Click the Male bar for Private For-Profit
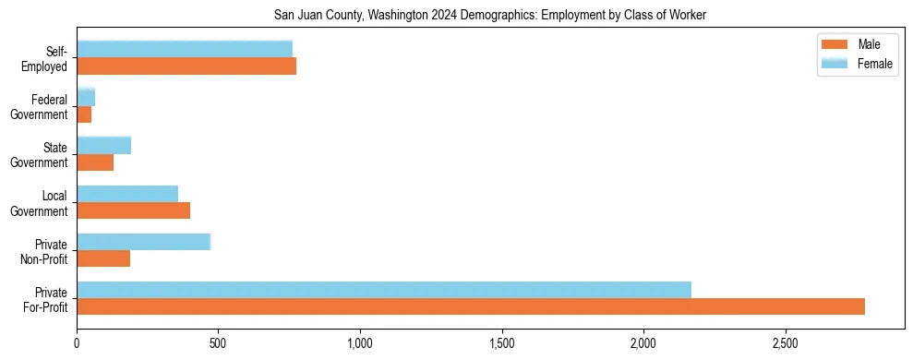pyautogui.click(x=471, y=306)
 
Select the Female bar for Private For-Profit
pyautogui.click(x=384, y=290)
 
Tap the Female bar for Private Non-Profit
pyautogui.click(x=144, y=242)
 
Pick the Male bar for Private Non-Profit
pyautogui.click(x=103, y=258)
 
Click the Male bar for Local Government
pyautogui.click(x=133, y=210)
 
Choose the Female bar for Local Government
pyautogui.click(x=127, y=194)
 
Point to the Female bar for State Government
pyautogui.click(x=104, y=145)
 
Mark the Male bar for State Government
pyautogui.click(x=95, y=162)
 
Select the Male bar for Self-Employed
pyautogui.click(x=186, y=66)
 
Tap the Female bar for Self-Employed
pyautogui.click(x=185, y=49)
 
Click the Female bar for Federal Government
pyautogui.click(x=86, y=97)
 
